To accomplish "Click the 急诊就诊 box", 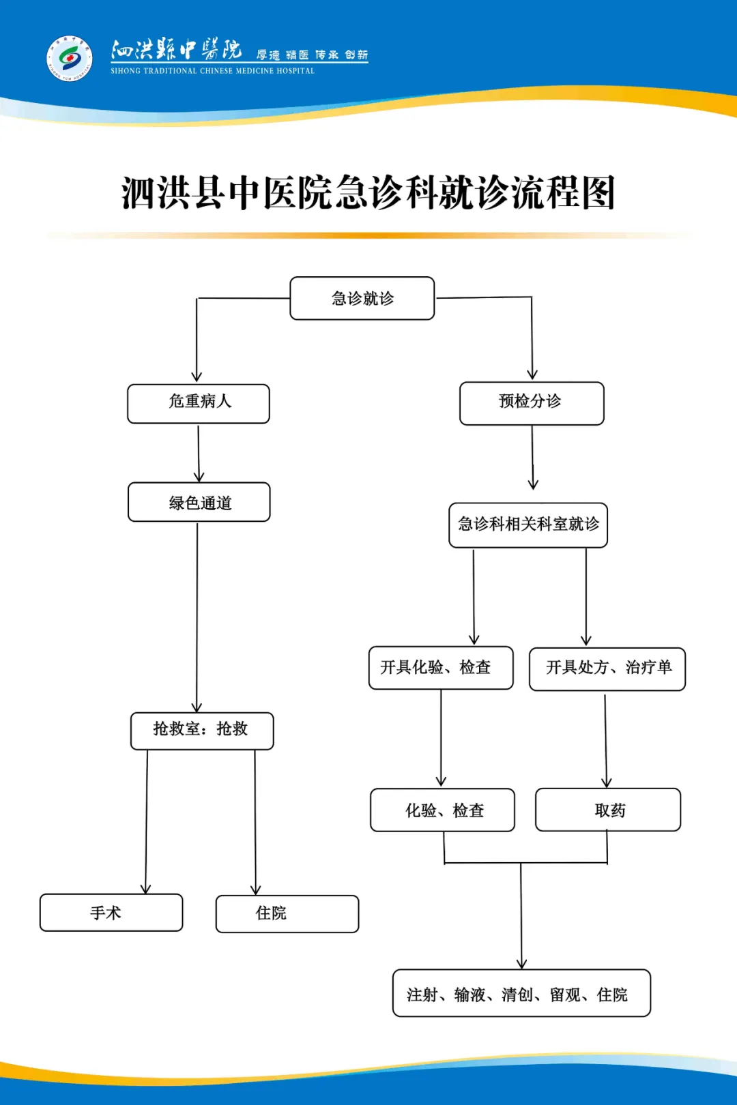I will [x=362, y=298].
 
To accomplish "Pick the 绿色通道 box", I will [x=199, y=503].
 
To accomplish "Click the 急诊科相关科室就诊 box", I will [x=528, y=525].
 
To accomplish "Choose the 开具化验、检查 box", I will [x=441, y=668].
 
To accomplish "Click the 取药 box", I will [x=608, y=810].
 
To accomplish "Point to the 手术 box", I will [x=111, y=913].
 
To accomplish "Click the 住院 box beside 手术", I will [x=287, y=913].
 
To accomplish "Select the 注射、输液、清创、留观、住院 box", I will [x=521, y=993].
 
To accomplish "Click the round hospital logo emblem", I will [x=69, y=58].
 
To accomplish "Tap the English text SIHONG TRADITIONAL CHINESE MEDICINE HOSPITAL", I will [x=212, y=71].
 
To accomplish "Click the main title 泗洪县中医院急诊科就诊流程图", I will [x=369, y=193].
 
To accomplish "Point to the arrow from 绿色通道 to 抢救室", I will [x=197, y=614].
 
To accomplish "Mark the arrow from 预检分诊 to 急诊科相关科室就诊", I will [x=533, y=457].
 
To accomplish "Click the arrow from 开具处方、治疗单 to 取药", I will [x=605, y=740].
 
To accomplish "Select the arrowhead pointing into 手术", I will [x=145, y=888].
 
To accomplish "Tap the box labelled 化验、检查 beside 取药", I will [x=442, y=810].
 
